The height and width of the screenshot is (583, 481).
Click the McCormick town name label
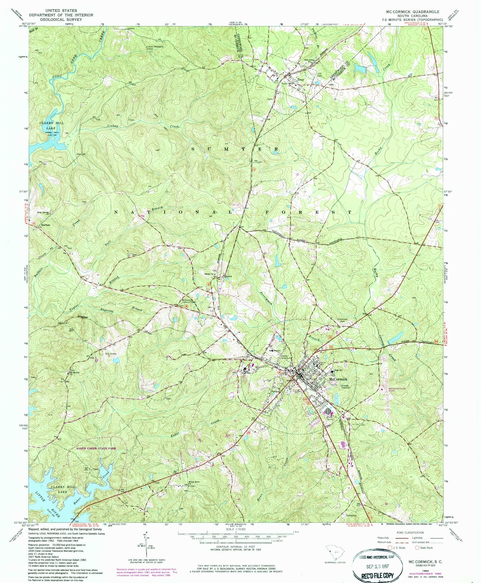pyautogui.click(x=338, y=379)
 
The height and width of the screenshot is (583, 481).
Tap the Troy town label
pyautogui.click(x=300, y=80)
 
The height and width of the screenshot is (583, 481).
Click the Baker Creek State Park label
pyautogui.click(x=96, y=448)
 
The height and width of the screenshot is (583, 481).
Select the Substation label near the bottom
pyautogui.click(x=351, y=515)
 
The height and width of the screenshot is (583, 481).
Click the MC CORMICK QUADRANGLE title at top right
pyautogui.click(x=412, y=11)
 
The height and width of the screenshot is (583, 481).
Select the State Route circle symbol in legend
pyautogui.click(x=418, y=548)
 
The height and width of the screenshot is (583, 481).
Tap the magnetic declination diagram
pyautogui.click(x=146, y=545)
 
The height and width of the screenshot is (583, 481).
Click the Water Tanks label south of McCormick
pyautogui.click(x=329, y=418)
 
